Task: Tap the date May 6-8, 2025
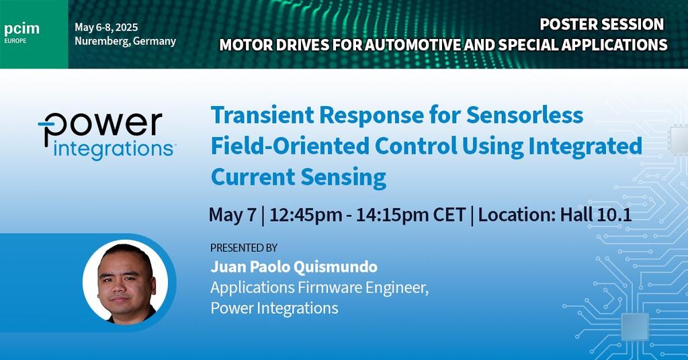[106, 27]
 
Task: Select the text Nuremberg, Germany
[125, 41]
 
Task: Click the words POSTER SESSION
[601, 24]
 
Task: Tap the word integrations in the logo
[113, 150]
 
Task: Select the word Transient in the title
[263, 116]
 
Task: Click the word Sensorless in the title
[525, 116]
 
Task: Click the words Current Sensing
[298, 177]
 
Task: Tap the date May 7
[232, 215]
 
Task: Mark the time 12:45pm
[306, 215]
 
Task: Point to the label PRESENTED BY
[243, 248]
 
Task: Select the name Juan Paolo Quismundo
[294, 267]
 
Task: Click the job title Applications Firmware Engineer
[319, 287]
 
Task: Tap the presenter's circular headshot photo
[125, 282]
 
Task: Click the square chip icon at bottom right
[635, 327]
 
